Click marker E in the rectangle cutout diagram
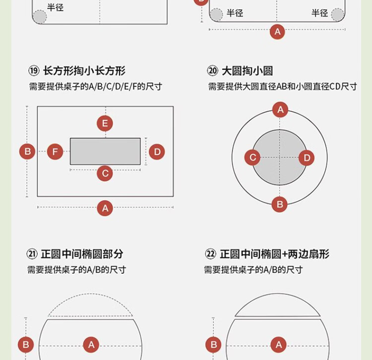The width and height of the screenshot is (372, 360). click(x=105, y=123)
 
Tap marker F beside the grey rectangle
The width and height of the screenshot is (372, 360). click(x=55, y=152)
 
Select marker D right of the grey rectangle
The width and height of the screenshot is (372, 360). click(x=157, y=152)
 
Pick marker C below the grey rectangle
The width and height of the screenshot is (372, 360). click(x=105, y=174)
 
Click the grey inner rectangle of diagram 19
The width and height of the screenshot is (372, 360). click(x=105, y=151)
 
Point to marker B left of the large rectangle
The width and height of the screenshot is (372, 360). click(x=27, y=151)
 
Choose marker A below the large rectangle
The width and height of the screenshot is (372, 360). click(x=105, y=208)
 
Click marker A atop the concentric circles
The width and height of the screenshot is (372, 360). click(x=280, y=110)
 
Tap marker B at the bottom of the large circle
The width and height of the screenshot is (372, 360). click(x=279, y=204)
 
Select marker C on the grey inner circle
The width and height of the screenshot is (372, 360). click(x=252, y=158)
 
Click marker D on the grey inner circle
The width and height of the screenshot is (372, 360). click(x=307, y=158)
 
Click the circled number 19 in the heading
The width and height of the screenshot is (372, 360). click(x=34, y=71)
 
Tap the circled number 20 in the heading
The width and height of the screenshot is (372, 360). click(x=212, y=71)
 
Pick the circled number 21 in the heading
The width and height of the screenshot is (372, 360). click(x=32, y=254)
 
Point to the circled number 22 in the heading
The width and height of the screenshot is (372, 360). click(x=210, y=254)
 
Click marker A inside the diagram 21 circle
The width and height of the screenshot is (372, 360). click(x=91, y=345)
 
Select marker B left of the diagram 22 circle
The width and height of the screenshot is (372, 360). click(x=213, y=345)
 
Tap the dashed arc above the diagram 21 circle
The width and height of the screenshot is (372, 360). click(x=90, y=294)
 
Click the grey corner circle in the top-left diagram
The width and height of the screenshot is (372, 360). click(x=40, y=16)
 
